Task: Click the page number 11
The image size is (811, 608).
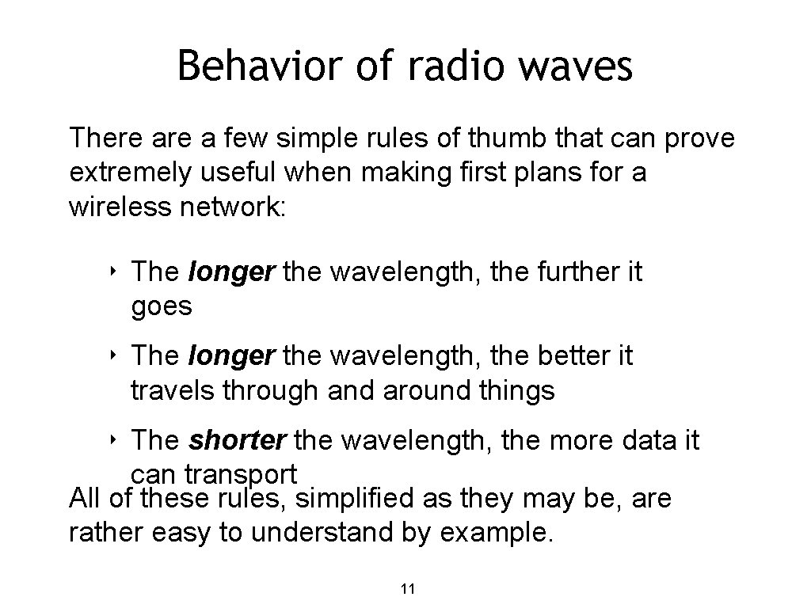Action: pyautogui.click(x=409, y=589)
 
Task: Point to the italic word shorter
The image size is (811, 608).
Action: pyautogui.click(x=228, y=439)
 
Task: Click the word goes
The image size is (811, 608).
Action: pyautogui.click(x=162, y=306)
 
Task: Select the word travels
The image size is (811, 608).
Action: pyautogui.click(x=177, y=390)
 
